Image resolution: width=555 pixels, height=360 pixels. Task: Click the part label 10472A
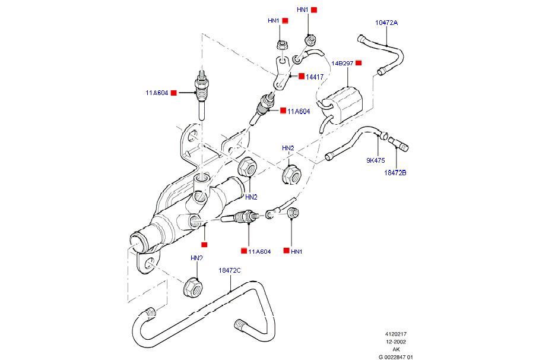386,23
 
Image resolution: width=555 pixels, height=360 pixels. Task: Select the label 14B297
342,63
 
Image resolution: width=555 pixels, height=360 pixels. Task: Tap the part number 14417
315,77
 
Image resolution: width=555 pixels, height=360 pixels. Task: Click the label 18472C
229,270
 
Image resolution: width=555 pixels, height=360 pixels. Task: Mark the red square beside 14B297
359,63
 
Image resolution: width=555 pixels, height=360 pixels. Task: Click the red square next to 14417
302,77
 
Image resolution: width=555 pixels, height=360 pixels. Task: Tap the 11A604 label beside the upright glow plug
157,93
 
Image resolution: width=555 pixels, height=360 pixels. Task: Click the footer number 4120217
396,334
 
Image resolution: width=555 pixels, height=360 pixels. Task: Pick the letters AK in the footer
396,349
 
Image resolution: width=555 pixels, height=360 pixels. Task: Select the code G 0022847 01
396,357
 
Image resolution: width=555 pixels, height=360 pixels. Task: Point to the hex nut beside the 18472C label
192,287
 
